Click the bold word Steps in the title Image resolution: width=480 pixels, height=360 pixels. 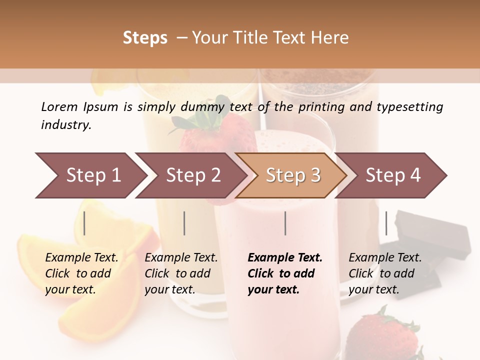tap(145, 38)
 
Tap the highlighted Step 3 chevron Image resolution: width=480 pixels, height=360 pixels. tap(292, 175)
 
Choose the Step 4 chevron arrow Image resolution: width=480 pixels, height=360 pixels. tap(392, 175)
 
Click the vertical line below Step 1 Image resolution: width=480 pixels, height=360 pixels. tap(84, 223)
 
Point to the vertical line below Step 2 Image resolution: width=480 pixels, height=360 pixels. tap(184, 223)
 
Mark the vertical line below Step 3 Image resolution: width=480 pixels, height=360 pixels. tap(285, 223)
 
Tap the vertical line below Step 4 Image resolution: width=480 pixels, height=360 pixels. tap(386, 223)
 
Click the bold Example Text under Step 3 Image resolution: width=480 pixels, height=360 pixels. tap(285, 258)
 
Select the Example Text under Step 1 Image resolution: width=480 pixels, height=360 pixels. tap(81, 258)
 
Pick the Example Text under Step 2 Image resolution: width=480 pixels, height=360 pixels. tap(181, 258)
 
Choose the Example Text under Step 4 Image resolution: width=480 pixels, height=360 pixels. tap(385, 258)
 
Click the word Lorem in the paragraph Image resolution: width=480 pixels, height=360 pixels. tap(59, 107)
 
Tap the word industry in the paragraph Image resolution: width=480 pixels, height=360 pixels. tap(66, 125)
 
